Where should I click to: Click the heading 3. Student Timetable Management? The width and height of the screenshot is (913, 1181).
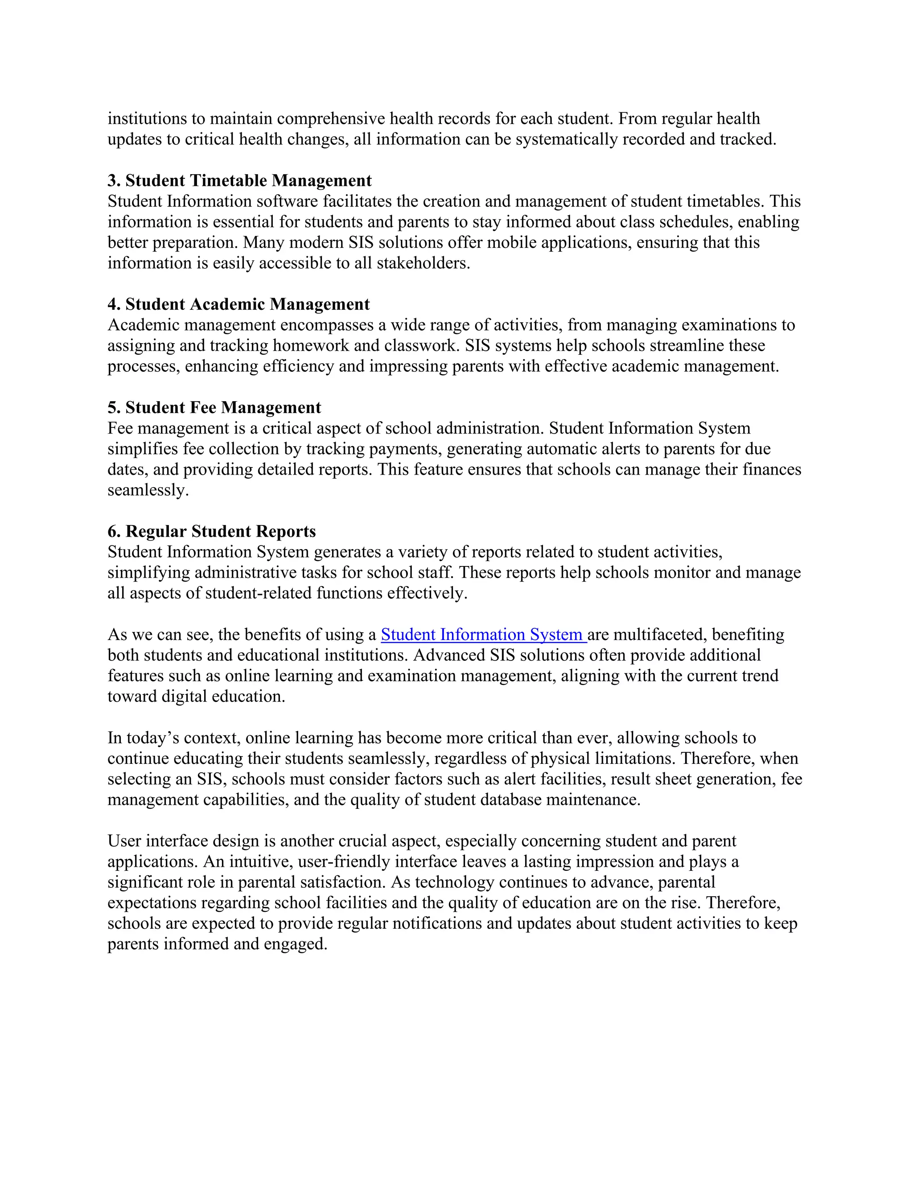[x=239, y=180]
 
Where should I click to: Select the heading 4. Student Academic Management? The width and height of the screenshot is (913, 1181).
[x=239, y=304]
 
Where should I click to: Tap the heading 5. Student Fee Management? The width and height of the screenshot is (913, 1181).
[x=214, y=408]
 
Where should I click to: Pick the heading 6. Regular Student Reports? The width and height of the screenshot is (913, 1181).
[x=211, y=532]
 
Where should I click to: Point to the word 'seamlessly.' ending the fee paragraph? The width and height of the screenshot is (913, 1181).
[x=148, y=491]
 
